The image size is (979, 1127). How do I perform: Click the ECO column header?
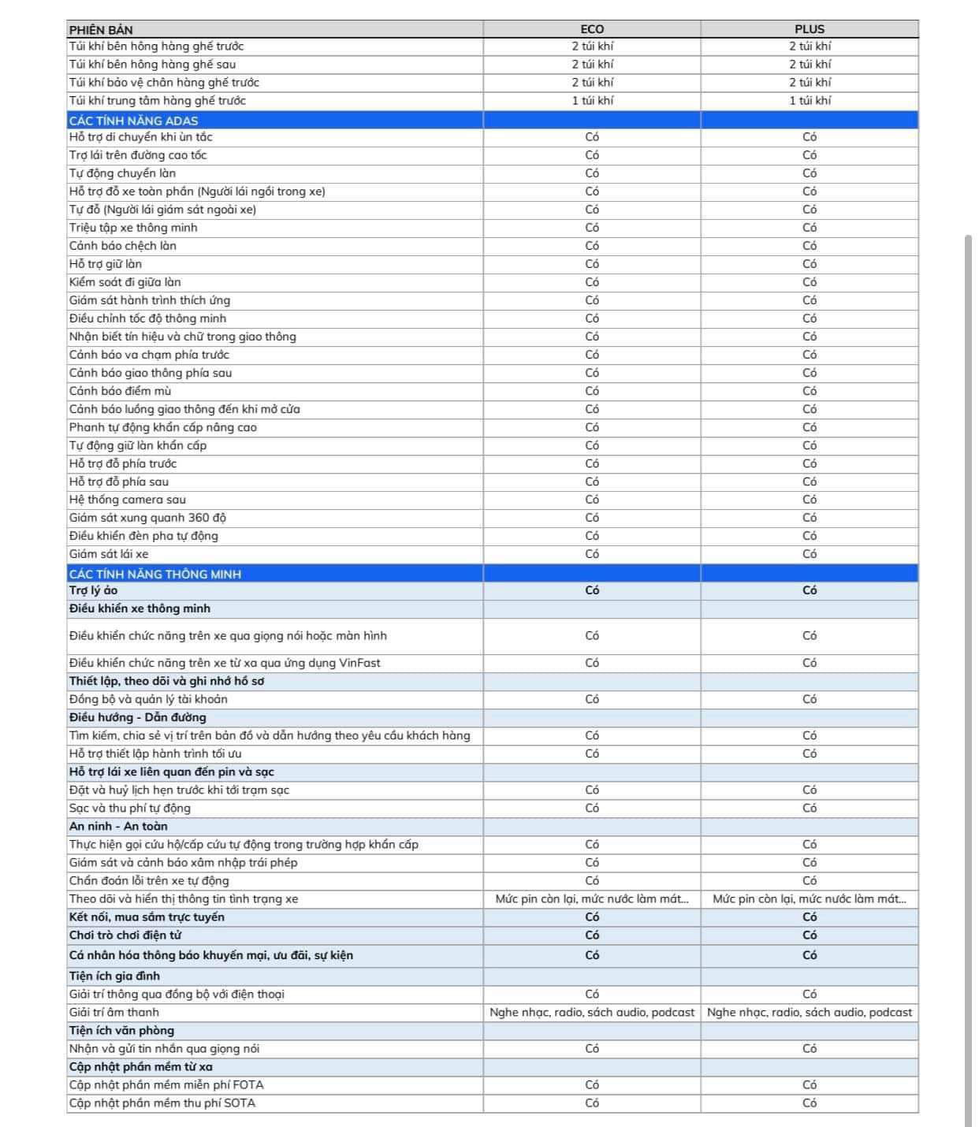coord(592,29)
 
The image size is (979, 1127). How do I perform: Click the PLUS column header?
coord(810,29)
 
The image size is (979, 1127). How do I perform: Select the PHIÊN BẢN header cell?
coord(101,30)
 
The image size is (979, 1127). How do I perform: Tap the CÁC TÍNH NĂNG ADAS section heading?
coord(133,121)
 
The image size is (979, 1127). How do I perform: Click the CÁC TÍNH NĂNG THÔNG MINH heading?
coord(155,574)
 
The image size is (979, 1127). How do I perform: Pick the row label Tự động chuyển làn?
coord(122,173)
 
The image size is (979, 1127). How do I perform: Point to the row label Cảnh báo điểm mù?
coord(120,391)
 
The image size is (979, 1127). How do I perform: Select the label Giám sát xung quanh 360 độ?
coord(147,518)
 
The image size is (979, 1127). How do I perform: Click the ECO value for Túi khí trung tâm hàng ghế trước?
coord(592,101)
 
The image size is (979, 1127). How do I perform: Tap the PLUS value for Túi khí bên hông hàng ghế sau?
coord(810,65)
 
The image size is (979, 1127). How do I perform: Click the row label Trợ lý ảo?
coord(93,590)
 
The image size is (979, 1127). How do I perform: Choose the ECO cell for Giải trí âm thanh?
coord(592,1012)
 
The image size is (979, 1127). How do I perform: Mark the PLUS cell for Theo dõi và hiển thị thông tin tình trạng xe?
coord(810,898)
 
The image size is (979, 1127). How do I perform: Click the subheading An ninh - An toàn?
coord(118,826)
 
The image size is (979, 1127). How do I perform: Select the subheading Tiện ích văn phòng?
coord(121,1030)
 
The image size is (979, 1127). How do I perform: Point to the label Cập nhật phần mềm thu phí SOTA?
coord(162,1103)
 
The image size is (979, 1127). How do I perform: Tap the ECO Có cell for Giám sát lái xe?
coord(592,554)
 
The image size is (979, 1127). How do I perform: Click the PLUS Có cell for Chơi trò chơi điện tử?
coord(810,935)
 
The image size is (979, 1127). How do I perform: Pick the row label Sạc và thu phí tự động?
coord(129,808)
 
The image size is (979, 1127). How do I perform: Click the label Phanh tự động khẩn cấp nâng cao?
coord(162,427)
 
